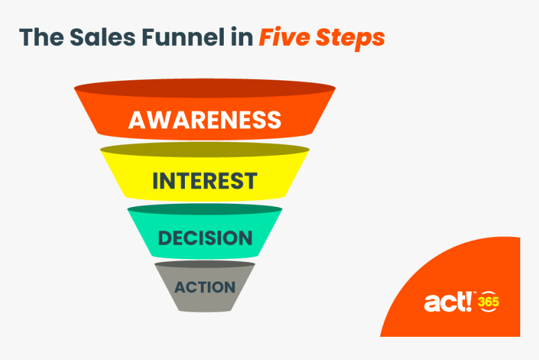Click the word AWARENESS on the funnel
(204, 119)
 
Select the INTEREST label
(204, 181)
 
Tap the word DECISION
(205, 238)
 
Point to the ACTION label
(205, 288)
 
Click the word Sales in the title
(90, 38)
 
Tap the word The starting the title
(39, 38)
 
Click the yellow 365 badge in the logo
(488, 302)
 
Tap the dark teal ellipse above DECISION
(205, 209)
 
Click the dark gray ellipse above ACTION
(205, 265)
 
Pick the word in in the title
(242, 38)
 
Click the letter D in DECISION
(164, 238)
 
